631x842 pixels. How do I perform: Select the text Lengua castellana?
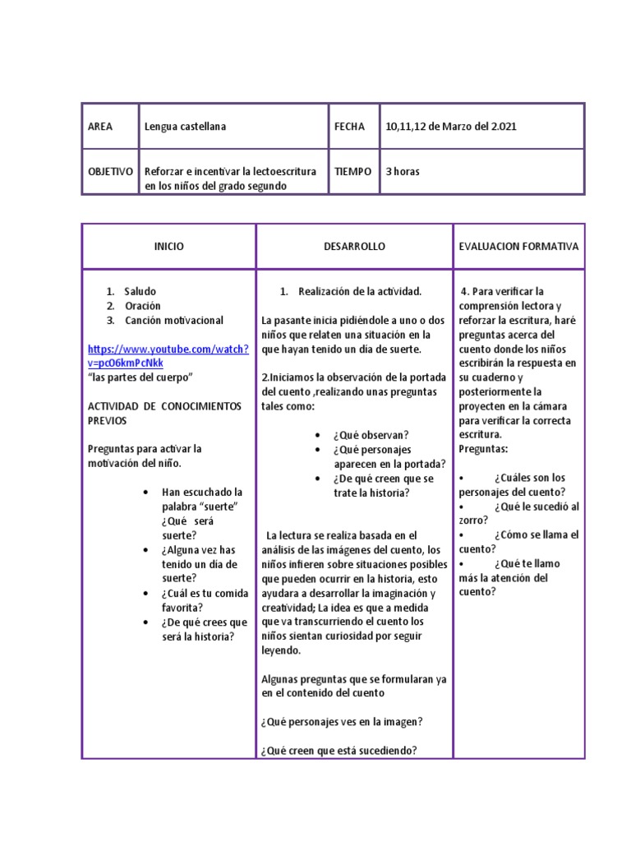pos(185,127)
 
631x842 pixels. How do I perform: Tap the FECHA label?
pos(349,127)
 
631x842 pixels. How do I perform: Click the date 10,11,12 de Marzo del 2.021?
pos(451,127)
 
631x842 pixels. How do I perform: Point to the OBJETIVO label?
pos(110,172)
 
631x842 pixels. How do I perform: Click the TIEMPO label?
pos(353,172)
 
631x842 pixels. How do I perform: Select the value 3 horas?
pos(403,172)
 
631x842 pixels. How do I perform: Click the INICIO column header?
pos(169,247)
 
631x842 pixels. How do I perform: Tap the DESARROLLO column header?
pos(354,247)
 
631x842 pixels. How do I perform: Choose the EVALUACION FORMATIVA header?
pos(518,247)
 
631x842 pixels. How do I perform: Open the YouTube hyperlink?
pos(168,356)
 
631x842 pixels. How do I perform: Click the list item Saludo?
pos(140,291)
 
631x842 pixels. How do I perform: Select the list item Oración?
pos(143,306)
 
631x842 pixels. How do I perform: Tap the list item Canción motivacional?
pos(173,320)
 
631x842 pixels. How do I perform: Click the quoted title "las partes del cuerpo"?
pos(140,377)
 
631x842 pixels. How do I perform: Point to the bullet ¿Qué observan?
pos(371,435)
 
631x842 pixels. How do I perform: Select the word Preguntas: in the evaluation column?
pos(483,449)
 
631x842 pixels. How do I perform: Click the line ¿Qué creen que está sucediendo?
pos(339,750)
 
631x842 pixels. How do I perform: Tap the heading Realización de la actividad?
pos(360,291)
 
